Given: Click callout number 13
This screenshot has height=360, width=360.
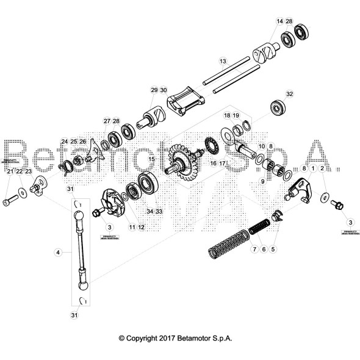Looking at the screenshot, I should (x=223, y=61).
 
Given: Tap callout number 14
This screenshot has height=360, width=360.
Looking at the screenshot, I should (x=279, y=21).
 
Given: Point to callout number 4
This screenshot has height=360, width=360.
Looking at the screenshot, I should (x=58, y=251).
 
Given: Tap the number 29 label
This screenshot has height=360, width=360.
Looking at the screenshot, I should (x=153, y=90).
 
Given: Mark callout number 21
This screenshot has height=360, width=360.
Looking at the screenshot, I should (x=9, y=173).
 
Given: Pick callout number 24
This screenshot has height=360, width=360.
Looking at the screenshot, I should (x=64, y=142).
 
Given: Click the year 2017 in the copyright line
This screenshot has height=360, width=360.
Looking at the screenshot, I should (x=170, y=337).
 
